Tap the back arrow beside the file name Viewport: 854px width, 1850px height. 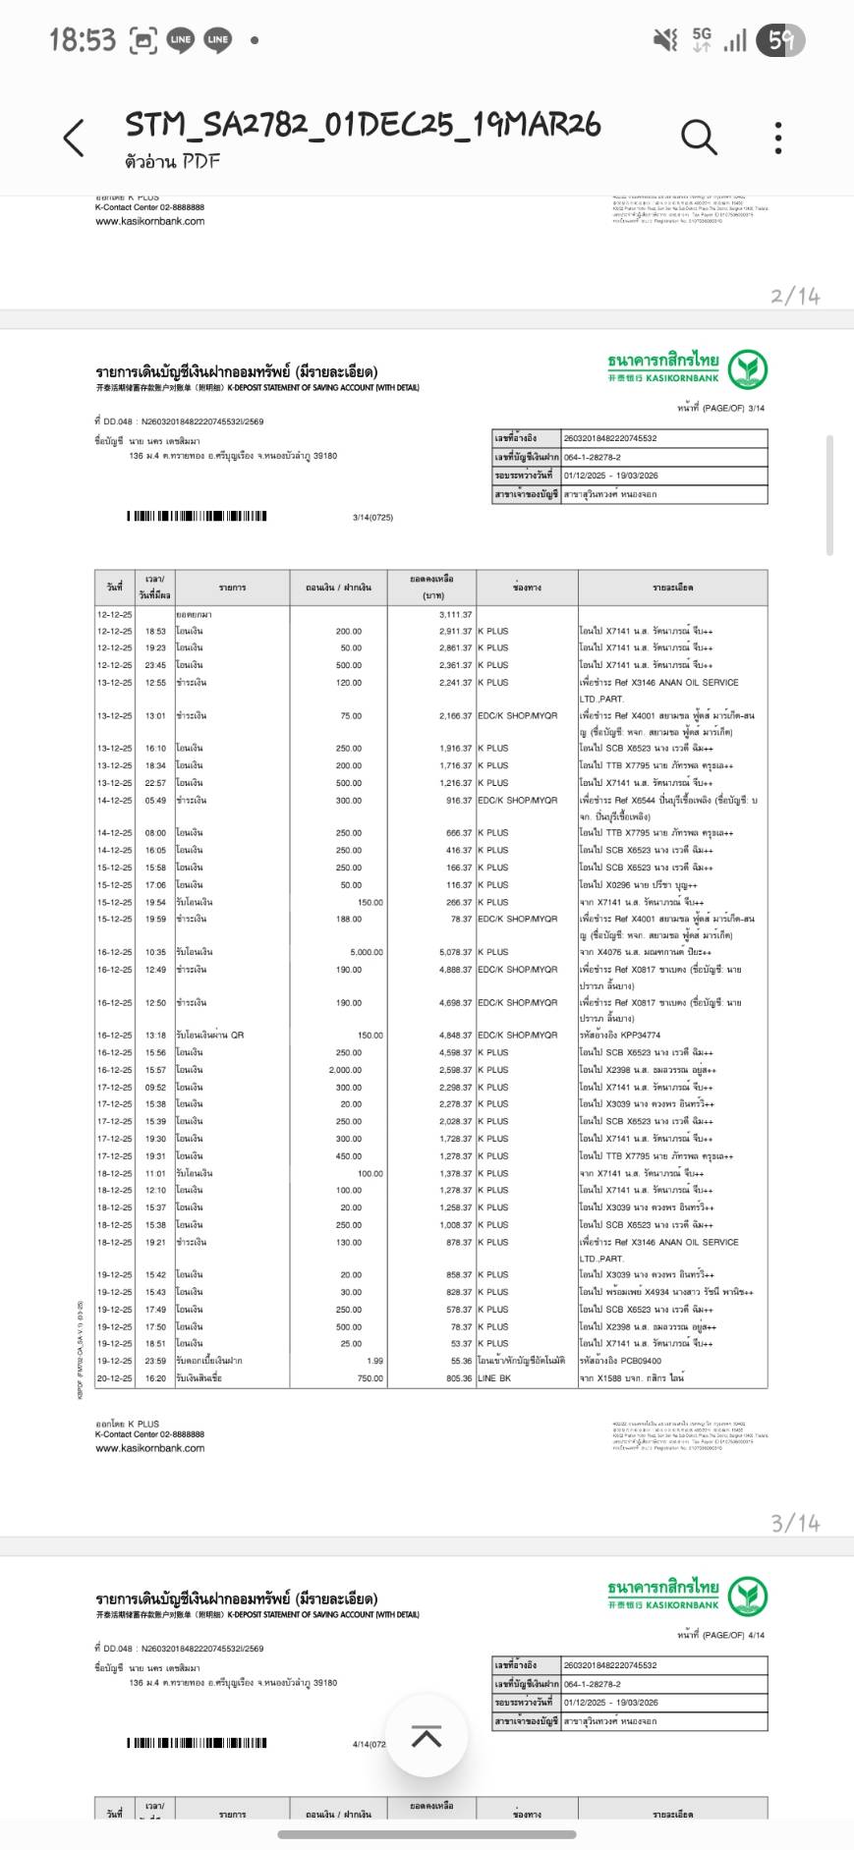click(x=75, y=138)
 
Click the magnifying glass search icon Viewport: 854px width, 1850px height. click(x=698, y=138)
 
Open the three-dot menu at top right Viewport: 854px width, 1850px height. click(x=778, y=138)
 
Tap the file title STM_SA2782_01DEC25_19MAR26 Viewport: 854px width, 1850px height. click(x=363, y=125)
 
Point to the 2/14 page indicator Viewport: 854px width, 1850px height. click(x=795, y=296)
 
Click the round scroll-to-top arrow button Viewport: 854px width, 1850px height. click(x=426, y=1736)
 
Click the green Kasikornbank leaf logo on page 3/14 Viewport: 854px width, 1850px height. click(x=749, y=369)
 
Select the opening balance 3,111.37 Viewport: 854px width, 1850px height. click(x=455, y=614)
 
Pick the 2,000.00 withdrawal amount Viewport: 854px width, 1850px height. click(x=345, y=1070)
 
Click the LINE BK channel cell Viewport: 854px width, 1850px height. click(x=494, y=1378)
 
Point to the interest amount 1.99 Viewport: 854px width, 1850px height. click(x=374, y=1361)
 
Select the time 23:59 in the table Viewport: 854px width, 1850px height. click(x=155, y=1361)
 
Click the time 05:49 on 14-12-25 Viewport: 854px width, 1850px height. click(x=155, y=800)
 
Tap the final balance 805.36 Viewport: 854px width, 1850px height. click(x=457, y=1378)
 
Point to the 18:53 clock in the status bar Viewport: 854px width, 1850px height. click(x=83, y=40)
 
